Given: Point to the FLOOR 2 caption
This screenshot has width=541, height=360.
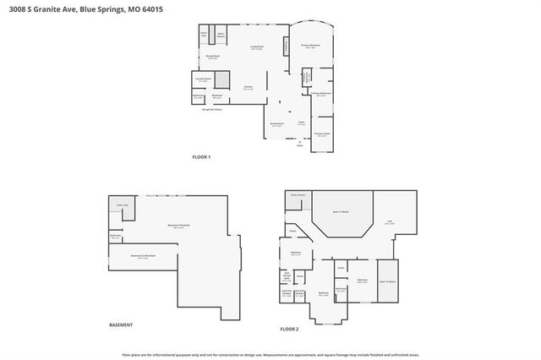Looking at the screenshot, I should (289, 328).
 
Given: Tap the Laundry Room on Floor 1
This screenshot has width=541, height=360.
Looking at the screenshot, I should (202, 79).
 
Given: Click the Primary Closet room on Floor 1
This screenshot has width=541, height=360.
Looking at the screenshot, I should (321, 134).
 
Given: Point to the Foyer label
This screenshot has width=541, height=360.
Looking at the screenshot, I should (300, 123).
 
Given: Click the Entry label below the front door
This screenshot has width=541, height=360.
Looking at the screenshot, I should (299, 146).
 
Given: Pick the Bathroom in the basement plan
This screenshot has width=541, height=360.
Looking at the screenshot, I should (116, 237).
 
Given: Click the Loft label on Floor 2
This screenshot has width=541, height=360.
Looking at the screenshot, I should (390, 222).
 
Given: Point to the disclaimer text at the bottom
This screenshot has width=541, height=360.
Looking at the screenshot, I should (270, 356).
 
